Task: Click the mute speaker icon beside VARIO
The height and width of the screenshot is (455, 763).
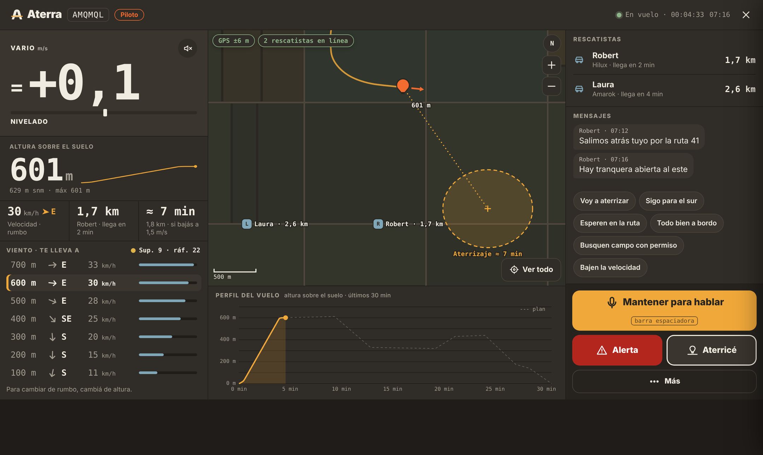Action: point(188,48)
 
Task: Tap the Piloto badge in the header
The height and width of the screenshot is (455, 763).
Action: point(129,15)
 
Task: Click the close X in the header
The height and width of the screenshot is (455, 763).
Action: point(746,15)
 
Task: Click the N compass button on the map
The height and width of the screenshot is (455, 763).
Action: point(552,43)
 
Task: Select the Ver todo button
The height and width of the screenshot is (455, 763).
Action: point(531,269)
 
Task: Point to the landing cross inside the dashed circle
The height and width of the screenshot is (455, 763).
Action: point(488,209)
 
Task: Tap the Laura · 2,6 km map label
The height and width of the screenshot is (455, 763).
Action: point(275,224)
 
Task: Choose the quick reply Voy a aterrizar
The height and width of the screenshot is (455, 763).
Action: point(604,201)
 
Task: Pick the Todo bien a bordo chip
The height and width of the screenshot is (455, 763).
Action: point(687,223)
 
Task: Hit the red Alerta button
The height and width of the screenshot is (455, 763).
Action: point(617,350)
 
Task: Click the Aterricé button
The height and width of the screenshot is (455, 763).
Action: point(711,350)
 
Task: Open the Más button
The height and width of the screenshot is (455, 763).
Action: point(664,381)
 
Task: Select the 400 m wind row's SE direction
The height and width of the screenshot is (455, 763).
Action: point(66,319)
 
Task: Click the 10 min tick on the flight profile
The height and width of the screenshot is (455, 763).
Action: point(341,389)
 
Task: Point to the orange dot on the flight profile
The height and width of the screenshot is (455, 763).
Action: point(285,318)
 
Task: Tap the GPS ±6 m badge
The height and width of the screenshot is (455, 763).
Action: point(233,41)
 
